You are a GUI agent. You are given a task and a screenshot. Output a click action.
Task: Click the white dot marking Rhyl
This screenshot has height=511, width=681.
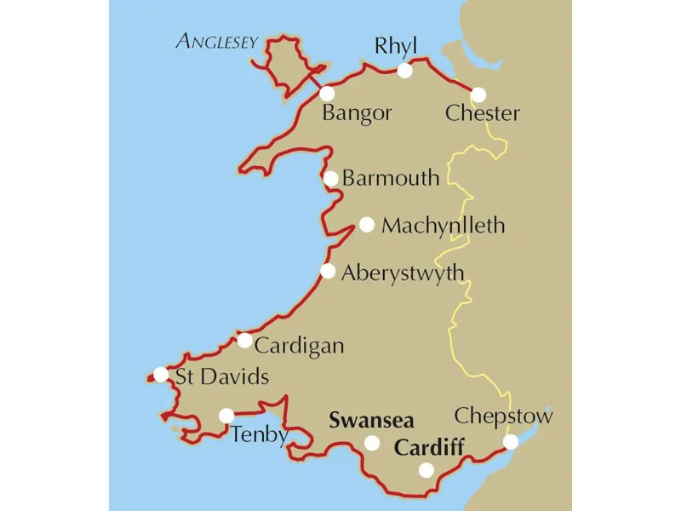[405, 71]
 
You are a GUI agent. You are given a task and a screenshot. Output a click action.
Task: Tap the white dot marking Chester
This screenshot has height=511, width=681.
[479, 95]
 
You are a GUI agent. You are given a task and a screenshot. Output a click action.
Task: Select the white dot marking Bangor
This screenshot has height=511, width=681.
[327, 94]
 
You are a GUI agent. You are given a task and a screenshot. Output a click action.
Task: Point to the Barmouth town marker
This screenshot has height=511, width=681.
[331, 179]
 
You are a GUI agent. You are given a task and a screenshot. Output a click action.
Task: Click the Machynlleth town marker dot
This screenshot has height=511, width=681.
[367, 225]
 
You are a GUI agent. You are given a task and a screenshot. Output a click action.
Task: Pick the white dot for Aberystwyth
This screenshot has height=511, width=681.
[328, 272]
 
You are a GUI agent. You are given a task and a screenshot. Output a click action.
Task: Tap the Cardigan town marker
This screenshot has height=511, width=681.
[244, 341]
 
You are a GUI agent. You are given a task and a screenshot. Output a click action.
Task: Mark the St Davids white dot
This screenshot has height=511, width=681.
[160, 375]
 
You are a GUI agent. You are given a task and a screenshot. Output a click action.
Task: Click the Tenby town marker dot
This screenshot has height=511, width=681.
[226, 416]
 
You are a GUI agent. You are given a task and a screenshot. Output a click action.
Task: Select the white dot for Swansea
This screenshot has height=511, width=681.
[372, 443]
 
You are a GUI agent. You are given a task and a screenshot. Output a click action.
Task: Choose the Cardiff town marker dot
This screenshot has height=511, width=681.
[426, 469]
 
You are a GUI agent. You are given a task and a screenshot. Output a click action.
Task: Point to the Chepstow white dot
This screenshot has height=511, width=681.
[511, 442]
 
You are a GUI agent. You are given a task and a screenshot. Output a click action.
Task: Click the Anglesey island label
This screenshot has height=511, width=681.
[216, 41]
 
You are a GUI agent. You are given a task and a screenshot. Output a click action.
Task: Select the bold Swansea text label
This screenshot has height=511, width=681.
[372, 421]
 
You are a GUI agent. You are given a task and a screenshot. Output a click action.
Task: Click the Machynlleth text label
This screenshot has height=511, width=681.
[444, 226]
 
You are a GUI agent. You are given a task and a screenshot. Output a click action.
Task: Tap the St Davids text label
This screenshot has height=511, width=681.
[221, 376]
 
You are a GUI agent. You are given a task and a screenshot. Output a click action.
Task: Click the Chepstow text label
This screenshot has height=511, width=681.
[503, 416]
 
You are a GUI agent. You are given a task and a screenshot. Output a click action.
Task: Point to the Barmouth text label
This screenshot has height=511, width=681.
[391, 178]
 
